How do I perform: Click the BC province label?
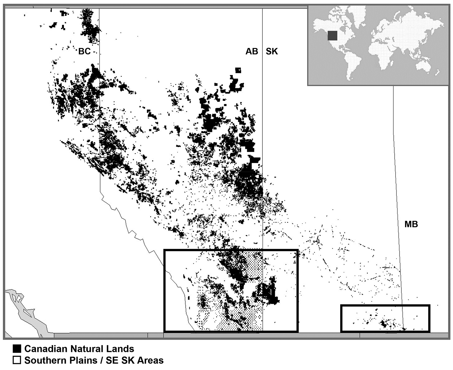(84, 51)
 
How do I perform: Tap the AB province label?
(252, 51)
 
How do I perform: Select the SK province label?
(272, 51)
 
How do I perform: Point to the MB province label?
(411, 224)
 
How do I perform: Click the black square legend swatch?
(17, 349)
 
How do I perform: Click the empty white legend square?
(17, 360)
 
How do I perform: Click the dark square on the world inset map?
(332, 36)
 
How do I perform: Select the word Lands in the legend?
(121, 349)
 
